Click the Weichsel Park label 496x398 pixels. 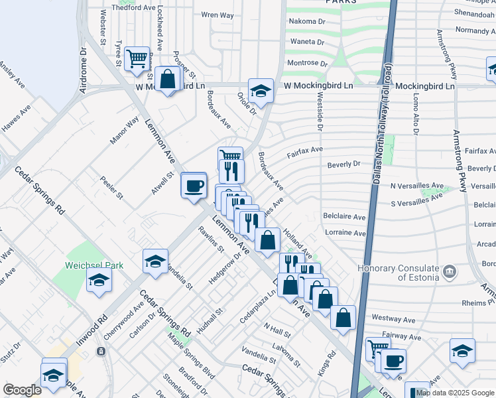click(x=94, y=265)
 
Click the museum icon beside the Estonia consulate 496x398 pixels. click(x=450, y=271)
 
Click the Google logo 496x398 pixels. click(x=22, y=390)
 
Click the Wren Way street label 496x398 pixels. click(x=217, y=15)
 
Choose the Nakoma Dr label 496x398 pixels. click(x=307, y=21)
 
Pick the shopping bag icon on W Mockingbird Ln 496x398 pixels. click(x=168, y=79)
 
